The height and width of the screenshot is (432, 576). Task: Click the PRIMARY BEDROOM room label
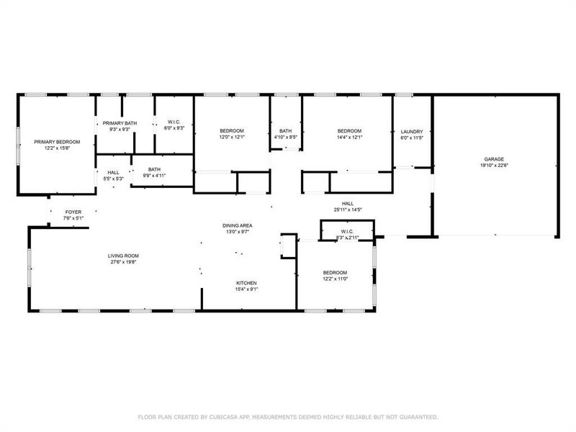click(57, 142)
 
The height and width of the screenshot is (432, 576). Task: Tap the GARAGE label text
click(493, 158)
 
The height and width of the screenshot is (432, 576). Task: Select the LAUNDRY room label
click(412, 131)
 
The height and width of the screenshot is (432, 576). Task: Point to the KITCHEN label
click(246, 283)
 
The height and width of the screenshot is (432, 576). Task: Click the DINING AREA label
click(237, 225)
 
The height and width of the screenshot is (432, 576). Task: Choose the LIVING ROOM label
click(123, 256)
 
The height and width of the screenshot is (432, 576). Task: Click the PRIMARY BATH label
click(119, 123)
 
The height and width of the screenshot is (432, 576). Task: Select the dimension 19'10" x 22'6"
click(493, 165)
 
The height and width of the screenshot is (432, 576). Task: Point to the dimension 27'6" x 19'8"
click(123, 262)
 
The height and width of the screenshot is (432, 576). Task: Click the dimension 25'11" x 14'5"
click(348, 210)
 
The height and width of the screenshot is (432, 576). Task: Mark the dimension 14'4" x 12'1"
click(349, 137)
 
